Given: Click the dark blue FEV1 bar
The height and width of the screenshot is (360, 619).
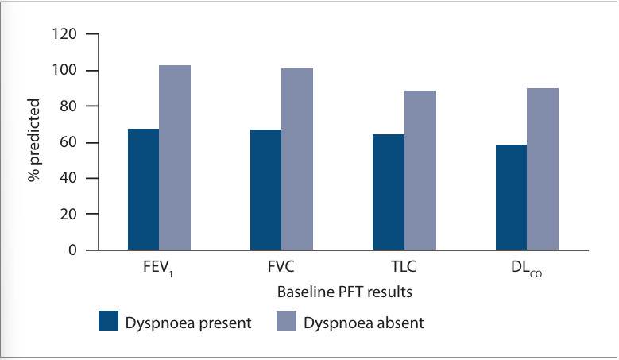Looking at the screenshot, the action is (x=143, y=189).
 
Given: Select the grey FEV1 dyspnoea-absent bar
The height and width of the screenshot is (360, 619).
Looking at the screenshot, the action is (x=175, y=157).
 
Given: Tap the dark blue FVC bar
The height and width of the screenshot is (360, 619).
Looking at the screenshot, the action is (x=265, y=190).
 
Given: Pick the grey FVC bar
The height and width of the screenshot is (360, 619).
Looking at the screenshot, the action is (x=297, y=159).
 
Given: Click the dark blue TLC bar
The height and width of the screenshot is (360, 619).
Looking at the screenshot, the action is (x=389, y=192).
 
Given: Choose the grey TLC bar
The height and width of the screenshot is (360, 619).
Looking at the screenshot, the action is (x=420, y=170).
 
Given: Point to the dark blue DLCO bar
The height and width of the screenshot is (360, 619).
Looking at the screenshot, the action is (x=511, y=197).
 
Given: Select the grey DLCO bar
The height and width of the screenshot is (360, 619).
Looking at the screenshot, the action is (x=543, y=169).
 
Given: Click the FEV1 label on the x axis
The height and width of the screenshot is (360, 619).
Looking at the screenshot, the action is (x=158, y=268).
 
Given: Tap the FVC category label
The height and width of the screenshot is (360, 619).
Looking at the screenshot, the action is (x=281, y=267).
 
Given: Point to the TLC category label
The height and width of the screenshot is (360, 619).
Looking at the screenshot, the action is (x=404, y=267).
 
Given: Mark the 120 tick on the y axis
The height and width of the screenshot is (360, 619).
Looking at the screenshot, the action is (x=64, y=34).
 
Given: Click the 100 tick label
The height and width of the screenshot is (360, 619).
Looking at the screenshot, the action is (x=64, y=70).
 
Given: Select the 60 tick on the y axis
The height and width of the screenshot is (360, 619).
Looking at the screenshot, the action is (x=68, y=142).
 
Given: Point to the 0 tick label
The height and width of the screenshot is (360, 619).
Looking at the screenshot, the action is (x=72, y=250).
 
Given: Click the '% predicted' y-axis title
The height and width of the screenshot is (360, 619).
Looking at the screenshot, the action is (x=34, y=140).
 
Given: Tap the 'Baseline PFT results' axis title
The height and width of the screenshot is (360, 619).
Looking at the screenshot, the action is (x=345, y=292).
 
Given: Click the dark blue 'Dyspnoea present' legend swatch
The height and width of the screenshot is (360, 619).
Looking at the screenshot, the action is (x=109, y=320).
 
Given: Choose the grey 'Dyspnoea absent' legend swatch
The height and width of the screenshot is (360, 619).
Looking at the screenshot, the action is (x=286, y=320).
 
